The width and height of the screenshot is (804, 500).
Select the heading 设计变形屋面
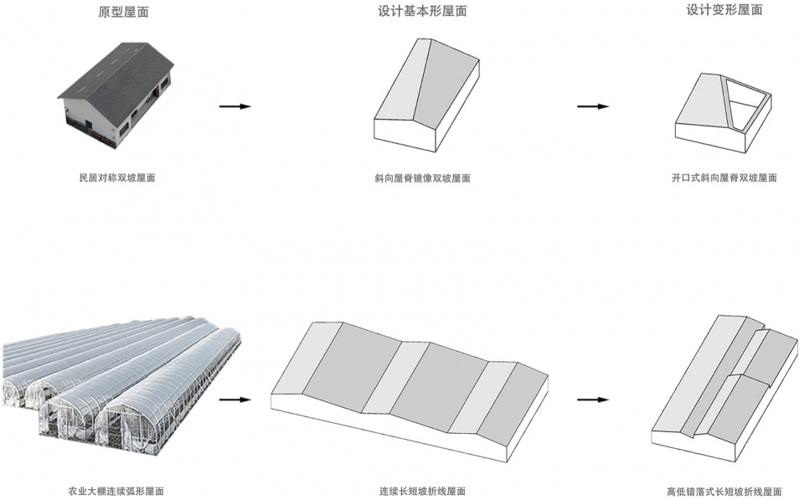[724, 10]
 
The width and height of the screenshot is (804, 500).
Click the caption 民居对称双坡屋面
[117, 178]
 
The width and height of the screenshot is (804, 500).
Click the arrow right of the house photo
[234, 106]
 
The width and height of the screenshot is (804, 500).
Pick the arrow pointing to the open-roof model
[593, 106]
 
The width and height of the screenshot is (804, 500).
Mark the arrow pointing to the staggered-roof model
[593, 399]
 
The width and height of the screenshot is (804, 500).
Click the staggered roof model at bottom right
[724, 385]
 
